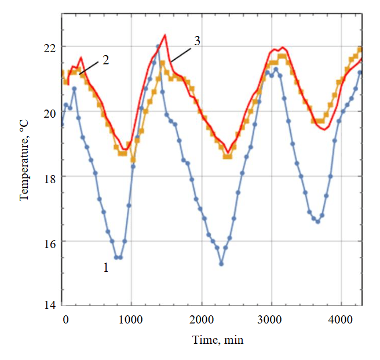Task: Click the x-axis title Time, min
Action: pyautogui.click(x=218, y=340)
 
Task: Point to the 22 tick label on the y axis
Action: pyautogui.click(x=50, y=47)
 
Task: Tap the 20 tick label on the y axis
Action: pyautogui.click(x=50, y=112)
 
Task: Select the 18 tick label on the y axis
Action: pyautogui.click(x=50, y=177)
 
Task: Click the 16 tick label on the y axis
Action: pyautogui.click(x=50, y=242)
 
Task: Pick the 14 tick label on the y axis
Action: pyautogui.click(x=50, y=306)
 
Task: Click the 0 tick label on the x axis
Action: pyautogui.click(x=65, y=318)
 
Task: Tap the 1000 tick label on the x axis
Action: pyautogui.click(x=131, y=318)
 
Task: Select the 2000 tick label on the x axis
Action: pyautogui.click(x=202, y=318)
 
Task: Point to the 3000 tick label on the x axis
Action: pyautogui.click(x=271, y=318)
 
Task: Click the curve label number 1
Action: pyautogui.click(x=105, y=268)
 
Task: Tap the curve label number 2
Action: pyautogui.click(x=106, y=60)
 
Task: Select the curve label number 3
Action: pyautogui.click(x=197, y=42)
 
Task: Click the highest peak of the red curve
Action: pyautogui.click(x=165, y=35)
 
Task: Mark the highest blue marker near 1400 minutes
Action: pyautogui.click(x=158, y=46)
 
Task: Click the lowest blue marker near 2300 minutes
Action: pyautogui.click(x=221, y=264)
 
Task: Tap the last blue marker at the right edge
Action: pyautogui.click(x=360, y=72)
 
